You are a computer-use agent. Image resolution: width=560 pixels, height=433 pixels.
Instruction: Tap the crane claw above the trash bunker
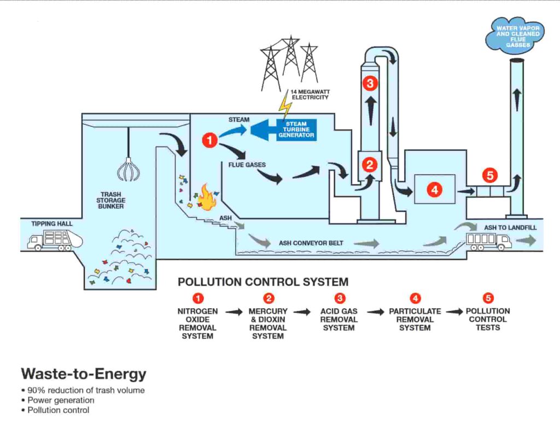coord(127,168)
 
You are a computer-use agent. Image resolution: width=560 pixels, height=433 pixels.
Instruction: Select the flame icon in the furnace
coord(206,198)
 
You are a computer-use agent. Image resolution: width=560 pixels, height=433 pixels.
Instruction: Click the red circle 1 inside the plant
coord(209,140)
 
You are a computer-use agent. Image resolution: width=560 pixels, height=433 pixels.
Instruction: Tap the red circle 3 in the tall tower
coord(370,83)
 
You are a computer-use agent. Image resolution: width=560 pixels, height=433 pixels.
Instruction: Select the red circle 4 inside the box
coord(434,189)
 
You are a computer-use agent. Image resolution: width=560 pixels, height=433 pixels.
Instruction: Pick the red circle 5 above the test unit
coord(489,175)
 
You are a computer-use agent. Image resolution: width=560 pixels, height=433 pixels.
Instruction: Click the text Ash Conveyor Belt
coord(311,243)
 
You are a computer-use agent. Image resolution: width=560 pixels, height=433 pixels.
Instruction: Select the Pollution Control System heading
coord(262,282)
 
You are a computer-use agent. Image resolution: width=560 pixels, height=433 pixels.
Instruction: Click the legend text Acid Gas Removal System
coord(339,319)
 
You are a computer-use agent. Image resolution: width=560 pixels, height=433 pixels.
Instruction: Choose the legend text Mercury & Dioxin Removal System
coord(268,323)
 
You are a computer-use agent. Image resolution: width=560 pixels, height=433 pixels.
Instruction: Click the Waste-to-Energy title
coord(84,374)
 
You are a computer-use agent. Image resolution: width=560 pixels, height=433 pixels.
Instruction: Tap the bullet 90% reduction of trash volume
coord(85,390)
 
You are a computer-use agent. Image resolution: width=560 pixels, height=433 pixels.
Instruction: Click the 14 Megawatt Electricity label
coord(310,94)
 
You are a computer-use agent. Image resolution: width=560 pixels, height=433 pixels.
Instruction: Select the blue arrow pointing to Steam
coord(237,131)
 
